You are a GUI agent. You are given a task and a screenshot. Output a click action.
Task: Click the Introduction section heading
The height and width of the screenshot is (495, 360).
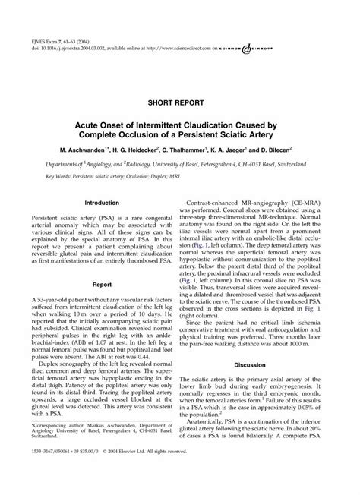tap(102, 203)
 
